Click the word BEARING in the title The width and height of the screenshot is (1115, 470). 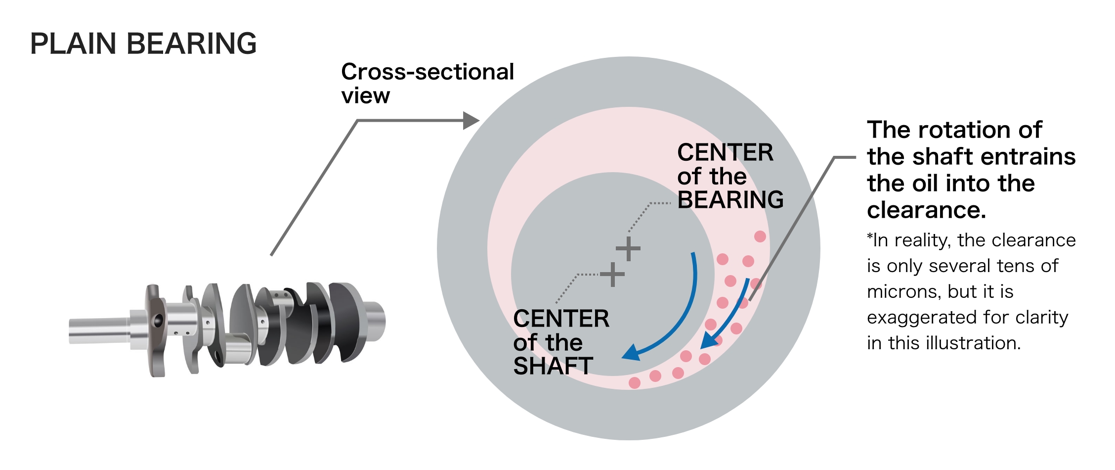click(x=192, y=44)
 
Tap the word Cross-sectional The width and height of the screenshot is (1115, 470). click(x=428, y=72)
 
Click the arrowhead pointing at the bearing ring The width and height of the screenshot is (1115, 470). click(x=471, y=120)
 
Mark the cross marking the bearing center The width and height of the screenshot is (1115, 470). click(x=628, y=249)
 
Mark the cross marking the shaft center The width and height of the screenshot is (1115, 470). click(x=612, y=275)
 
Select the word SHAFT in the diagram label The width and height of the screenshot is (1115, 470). click(x=553, y=367)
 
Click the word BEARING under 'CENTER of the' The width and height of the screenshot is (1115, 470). click(x=730, y=200)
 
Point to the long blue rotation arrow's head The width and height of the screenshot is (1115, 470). click(x=630, y=354)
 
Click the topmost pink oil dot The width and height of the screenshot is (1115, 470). click(x=760, y=236)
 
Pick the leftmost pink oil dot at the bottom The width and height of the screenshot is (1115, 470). click(x=635, y=382)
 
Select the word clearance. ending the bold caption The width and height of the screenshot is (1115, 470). click(x=926, y=210)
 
